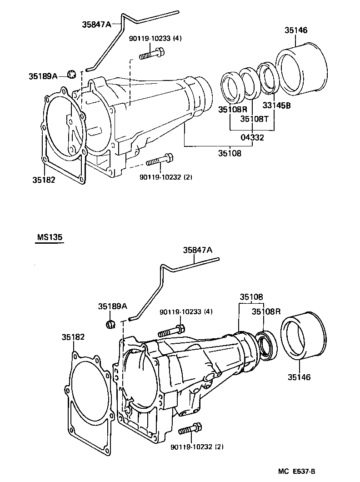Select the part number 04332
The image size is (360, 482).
click(x=253, y=137)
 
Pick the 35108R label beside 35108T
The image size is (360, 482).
click(x=232, y=109)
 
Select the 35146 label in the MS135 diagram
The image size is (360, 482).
click(x=300, y=377)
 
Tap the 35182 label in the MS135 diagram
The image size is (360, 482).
click(x=74, y=337)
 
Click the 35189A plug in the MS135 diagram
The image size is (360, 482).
click(x=109, y=324)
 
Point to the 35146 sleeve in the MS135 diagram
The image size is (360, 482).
click(x=304, y=336)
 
